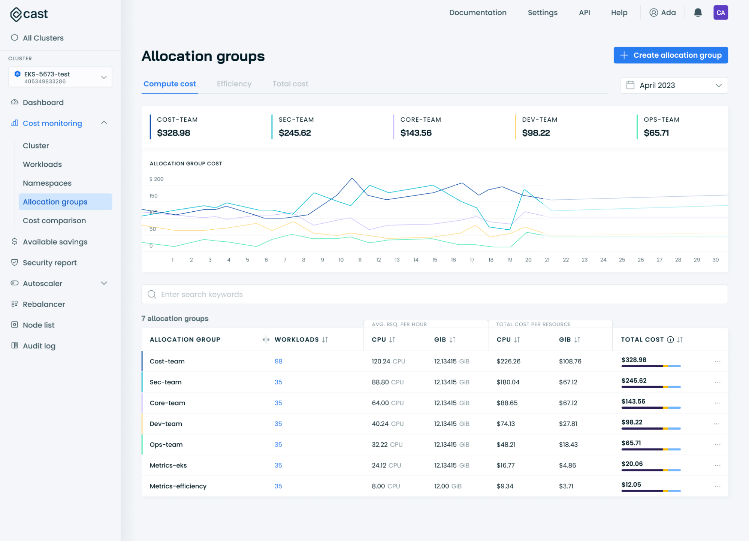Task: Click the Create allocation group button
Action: click(x=670, y=55)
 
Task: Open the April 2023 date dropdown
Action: click(x=673, y=85)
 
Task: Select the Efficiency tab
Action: click(x=234, y=84)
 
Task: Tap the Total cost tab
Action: click(x=290, y=84)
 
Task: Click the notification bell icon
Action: click(x=697, y=13)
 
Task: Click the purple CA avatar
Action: click(x=720, y=13)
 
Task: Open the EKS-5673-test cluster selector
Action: click(x=60, y=77)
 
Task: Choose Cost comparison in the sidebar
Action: click(x=54, y=221)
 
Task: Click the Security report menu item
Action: click(x=49, y=263)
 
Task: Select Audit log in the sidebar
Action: click(x=39, y=346)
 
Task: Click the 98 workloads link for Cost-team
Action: click(x=278, y=361)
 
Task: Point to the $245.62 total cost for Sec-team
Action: click(x=634, y=381)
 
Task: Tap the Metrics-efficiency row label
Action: click(x=178, y=486)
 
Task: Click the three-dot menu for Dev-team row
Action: click(x=716, y=424)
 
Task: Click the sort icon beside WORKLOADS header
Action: click(x=325, y=339)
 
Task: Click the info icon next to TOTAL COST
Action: click(x=670, y=339)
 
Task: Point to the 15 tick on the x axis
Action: click(x=435, y=260)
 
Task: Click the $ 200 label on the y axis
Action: click(x=156, y=179)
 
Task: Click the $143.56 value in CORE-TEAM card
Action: click(x=416, y=133)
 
